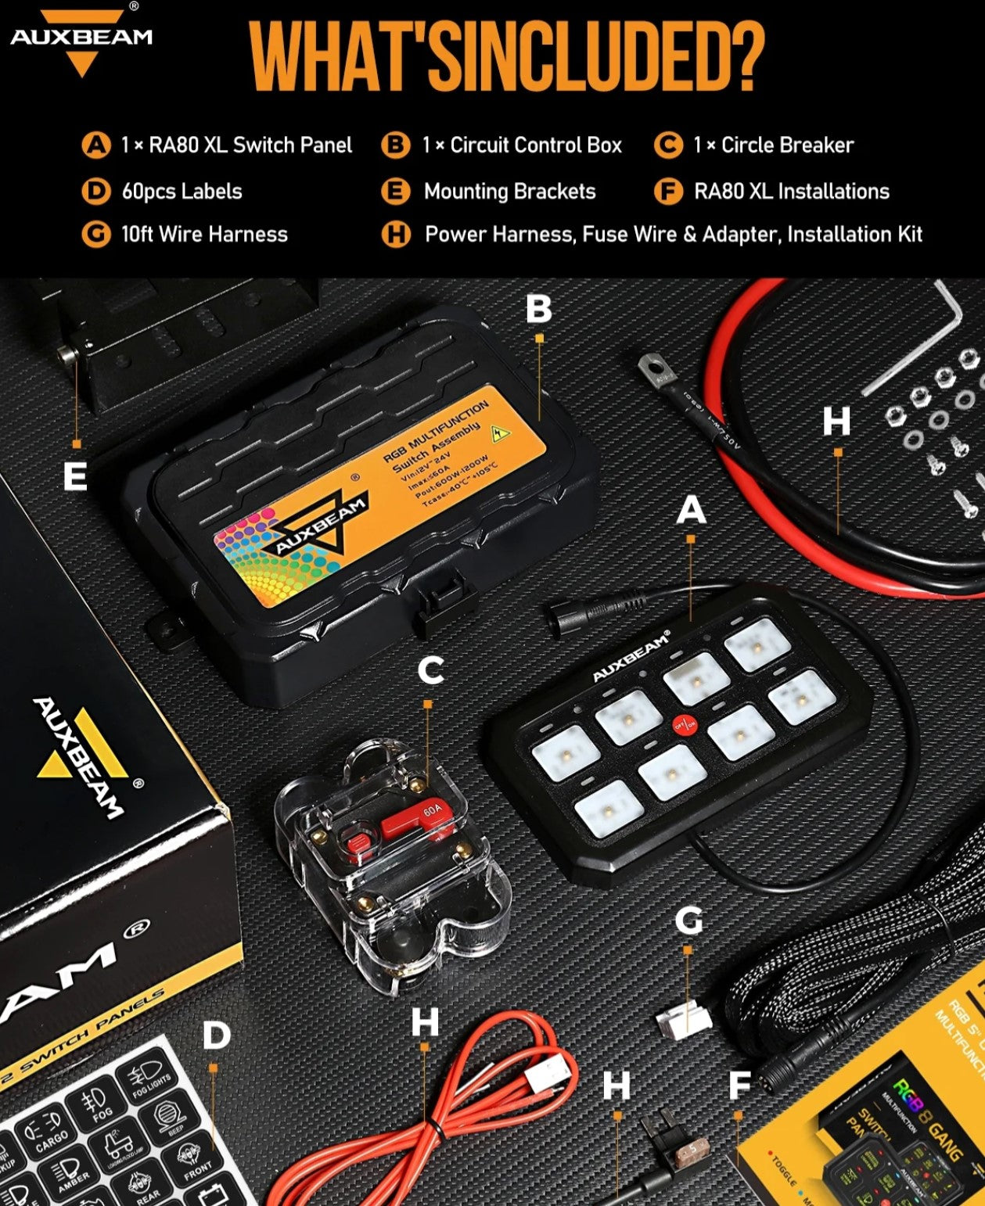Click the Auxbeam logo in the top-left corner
pos(81,39)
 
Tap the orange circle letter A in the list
pos(96,145)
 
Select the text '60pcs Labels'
pos(182,192)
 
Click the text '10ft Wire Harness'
pos(204,235)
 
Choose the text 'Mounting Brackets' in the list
pos(509,192)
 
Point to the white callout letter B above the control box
pos(538,310)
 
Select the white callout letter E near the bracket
pos(75,476)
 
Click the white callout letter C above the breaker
pos(430,671)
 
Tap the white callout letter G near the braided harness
pos(688,921)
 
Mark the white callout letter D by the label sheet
pos(216,1036)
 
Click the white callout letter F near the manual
pos(739,1086)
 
